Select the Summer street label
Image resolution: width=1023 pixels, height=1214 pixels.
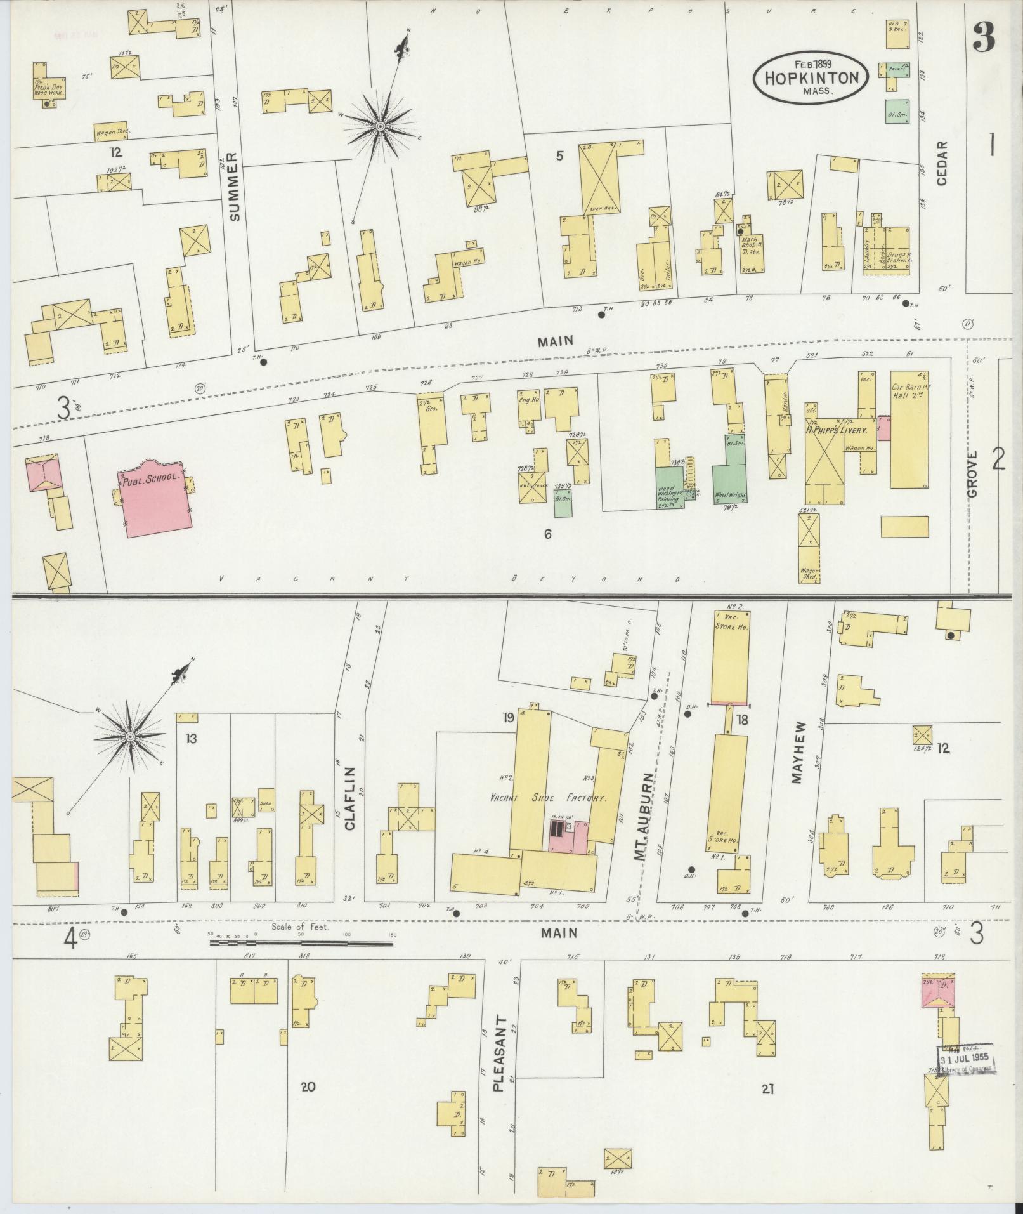point(236,187)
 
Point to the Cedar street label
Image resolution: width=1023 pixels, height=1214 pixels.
point(941,163)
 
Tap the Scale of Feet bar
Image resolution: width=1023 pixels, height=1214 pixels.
point(301,943)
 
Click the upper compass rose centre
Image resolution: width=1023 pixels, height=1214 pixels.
point(380,127)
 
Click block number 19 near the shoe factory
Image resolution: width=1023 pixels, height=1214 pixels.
point(508,718)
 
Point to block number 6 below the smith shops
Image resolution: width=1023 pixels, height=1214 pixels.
point(547,534)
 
